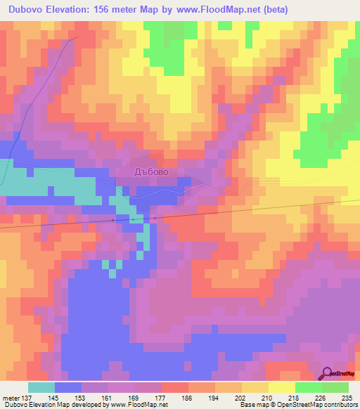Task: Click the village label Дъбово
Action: tap(151, 171)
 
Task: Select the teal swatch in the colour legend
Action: tap(41, 387)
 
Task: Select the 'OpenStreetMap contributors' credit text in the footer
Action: tap(323, 405)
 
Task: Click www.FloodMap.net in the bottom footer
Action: tap(137, 405)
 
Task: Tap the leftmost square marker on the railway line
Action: tap(113, 220)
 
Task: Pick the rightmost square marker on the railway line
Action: tap(155, 218)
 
